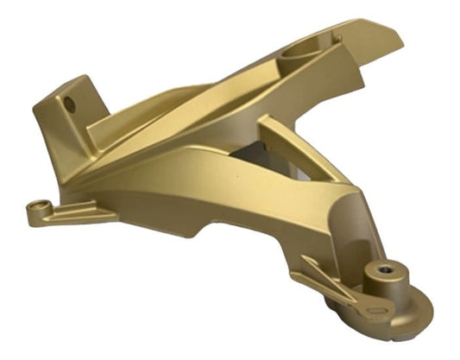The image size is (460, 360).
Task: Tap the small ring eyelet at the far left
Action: [35, 207]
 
